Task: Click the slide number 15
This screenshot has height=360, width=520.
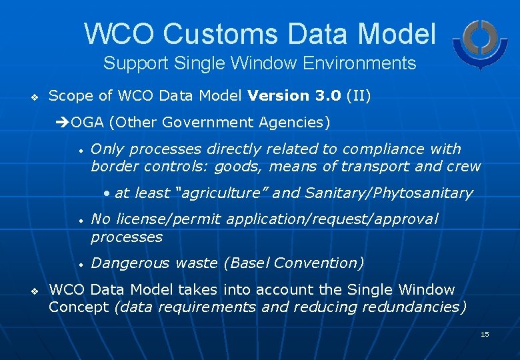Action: tap(485, 334)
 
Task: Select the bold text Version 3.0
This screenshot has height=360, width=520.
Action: tap(295, 96)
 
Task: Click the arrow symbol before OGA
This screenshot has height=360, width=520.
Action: tap(64, 123)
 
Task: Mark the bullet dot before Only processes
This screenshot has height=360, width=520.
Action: tap(79, 151)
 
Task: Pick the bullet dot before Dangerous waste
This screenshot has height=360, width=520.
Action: tap(79, 265)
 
